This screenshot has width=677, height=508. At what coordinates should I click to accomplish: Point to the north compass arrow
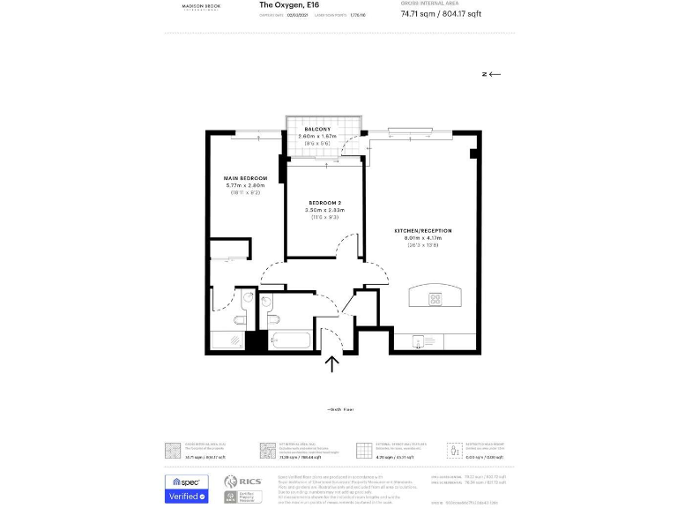pos(491,74)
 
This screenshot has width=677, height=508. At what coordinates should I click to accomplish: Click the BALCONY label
pos(317,129)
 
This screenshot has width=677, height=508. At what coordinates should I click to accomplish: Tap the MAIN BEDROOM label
pos(246,178)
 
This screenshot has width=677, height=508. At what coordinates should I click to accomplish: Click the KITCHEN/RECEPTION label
pos(422,230)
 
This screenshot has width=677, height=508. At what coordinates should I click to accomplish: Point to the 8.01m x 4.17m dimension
pos(422,238)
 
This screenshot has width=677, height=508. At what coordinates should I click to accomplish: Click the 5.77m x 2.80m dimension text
pos(246,185)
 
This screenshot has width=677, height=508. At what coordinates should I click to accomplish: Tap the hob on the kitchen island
pos(435,299)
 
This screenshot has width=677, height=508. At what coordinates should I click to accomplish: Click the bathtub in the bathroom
pos(289,340)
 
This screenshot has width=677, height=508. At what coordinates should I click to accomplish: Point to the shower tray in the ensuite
pos(227,340)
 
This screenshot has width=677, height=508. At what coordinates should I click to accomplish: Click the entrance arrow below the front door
pos(333,363)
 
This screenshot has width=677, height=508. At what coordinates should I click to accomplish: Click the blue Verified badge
pos(187,497)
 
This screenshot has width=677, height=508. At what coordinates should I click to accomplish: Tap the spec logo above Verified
pos(187,482)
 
